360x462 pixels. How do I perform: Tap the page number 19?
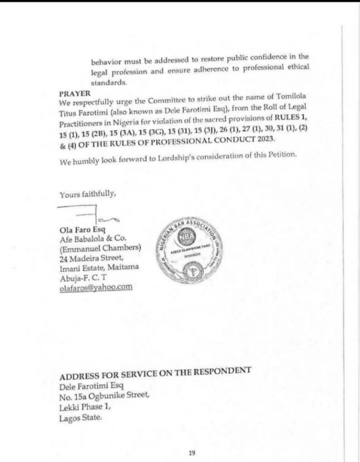pyautogui.click(x=192, y=453)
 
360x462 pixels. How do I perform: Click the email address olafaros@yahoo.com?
pyautogui.click(x=95, y=288)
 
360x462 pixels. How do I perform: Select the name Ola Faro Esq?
pyautogui.click(x=79, y=230)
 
